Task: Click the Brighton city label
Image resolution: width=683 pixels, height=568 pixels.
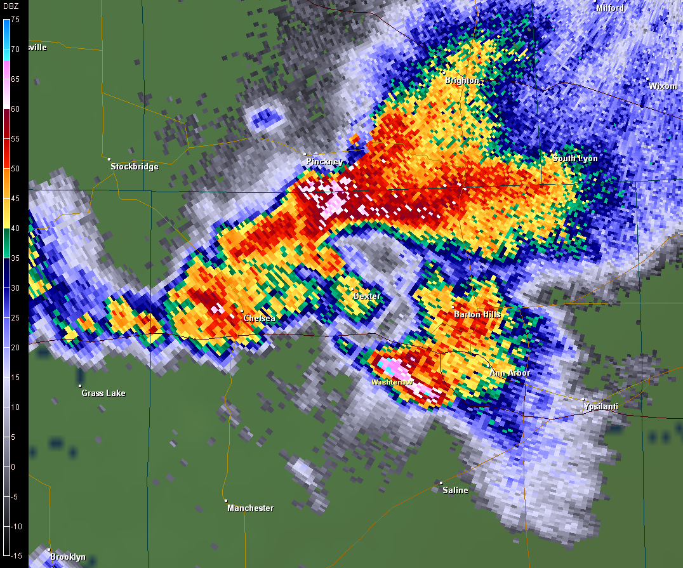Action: pyautogui.click(x=462, y=81)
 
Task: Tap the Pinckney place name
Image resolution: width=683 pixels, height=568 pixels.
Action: pyautogui.click(x=324, y=162)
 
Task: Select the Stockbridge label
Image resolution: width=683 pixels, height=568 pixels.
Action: pyautogui.click(x=135, y=167)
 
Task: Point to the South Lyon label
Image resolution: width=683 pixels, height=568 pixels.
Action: pyautogui.click(x=575, y=158)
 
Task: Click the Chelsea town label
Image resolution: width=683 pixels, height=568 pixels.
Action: pyautogui.click(x=260, y=318)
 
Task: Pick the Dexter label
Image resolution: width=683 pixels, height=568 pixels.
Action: pyautogui.click(x=367, y=296)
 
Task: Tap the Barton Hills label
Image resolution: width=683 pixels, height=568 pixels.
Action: pyautogui.click(x=477, y=314)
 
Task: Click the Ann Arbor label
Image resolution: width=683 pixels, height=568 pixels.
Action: pyautogui.click(x=510, y=373)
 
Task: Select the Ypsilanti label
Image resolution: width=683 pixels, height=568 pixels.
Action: pyautogui.click(x=600, y=406)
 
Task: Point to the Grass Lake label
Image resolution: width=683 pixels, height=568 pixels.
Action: pyautogui.click(x=103, y=393)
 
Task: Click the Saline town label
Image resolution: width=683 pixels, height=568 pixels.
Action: pyautogui.click(x=455, y=490)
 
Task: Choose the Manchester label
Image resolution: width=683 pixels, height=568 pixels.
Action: pyautogui.click(x=251, y=508)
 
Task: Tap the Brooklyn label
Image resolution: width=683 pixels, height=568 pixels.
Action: pyautogui.click(x=68, y=557)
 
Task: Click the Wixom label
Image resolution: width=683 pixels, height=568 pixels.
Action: pyautogui.click(x=663, y=86)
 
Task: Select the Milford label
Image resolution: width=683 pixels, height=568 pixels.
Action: pyautogui.click(x=610, y=8)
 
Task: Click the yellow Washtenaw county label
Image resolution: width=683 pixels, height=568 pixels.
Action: pyautogui.click(x=392, y=383)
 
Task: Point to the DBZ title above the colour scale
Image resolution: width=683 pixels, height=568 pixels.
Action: pyautogui.click(x=12, y=7)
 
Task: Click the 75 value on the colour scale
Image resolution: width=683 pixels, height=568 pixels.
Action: pyautogui.click(x=15, y=20)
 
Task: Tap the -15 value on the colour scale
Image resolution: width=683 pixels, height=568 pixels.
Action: pyautogui.click(x=15, y=556)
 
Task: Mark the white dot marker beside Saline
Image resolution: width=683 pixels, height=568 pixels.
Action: pyautogui.click(x=441, y=483)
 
